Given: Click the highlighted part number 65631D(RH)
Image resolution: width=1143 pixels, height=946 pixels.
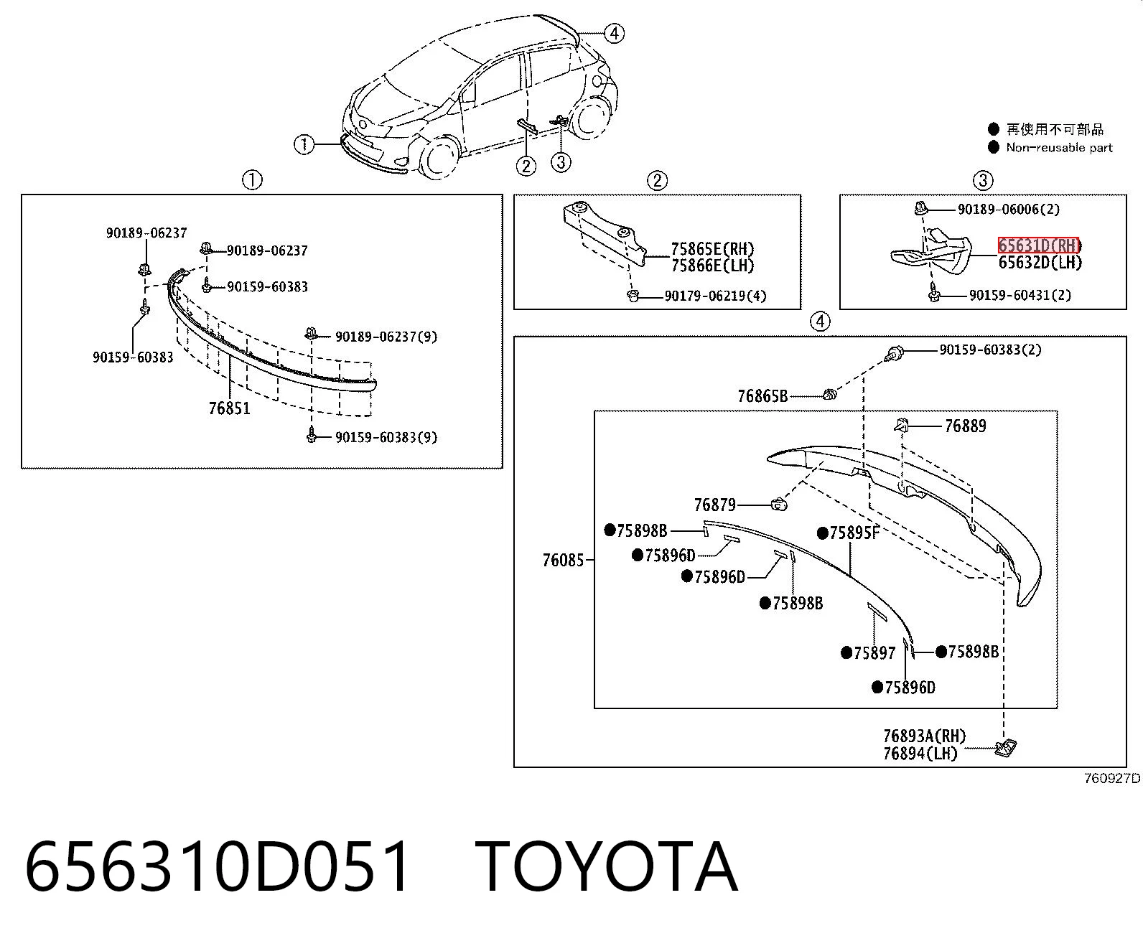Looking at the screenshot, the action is [1039, 245].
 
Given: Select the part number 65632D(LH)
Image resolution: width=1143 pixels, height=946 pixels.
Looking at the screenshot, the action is [1040, 263].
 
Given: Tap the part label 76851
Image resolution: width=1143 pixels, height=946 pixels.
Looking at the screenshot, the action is [229, 408].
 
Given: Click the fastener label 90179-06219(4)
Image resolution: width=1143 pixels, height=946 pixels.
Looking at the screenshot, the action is [716, 296].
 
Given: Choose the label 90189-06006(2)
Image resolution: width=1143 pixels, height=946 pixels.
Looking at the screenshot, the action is [1008, 209].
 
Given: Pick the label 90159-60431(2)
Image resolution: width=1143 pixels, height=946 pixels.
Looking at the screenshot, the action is [1020, 295].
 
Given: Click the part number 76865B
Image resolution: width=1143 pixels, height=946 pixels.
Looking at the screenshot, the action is [762, 395].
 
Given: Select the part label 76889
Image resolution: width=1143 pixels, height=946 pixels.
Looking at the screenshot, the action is [966, 426].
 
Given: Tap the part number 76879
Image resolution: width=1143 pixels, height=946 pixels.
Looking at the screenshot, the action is [715, 505].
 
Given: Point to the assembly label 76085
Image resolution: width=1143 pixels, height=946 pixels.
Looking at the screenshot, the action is [564, 561].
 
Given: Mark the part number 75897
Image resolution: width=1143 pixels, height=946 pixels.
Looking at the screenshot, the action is [874, 653].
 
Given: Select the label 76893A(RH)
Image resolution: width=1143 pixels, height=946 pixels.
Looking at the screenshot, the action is [925, 736].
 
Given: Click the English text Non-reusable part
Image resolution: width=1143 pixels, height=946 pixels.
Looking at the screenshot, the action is [1059, 148].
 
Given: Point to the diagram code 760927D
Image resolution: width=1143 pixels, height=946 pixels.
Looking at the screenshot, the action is [1112, 778].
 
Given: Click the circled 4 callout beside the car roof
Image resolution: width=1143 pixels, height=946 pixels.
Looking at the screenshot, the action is [614, 34].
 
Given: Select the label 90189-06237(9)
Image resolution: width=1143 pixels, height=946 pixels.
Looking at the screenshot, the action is [386, 337].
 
